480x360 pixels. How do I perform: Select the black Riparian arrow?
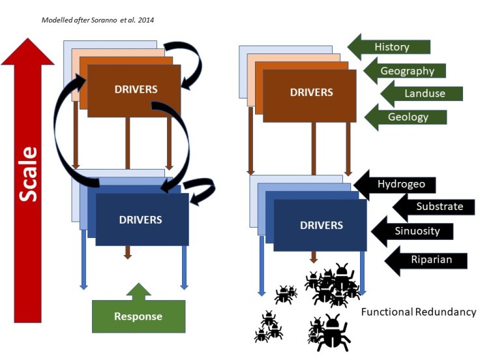pyautogui.click(x=428, y=260)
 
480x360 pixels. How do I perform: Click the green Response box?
pyautogui.click(x=138, y=316)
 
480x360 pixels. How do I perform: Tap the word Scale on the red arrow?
pyautogui.click(x=27, y=174)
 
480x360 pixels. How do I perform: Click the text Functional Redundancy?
pyautogui.click(x=419, y=312)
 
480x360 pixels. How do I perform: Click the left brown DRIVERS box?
pyautogui.click(x=134, y=89)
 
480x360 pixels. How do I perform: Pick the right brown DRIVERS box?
pyautogui.click(x=310, y=94)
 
